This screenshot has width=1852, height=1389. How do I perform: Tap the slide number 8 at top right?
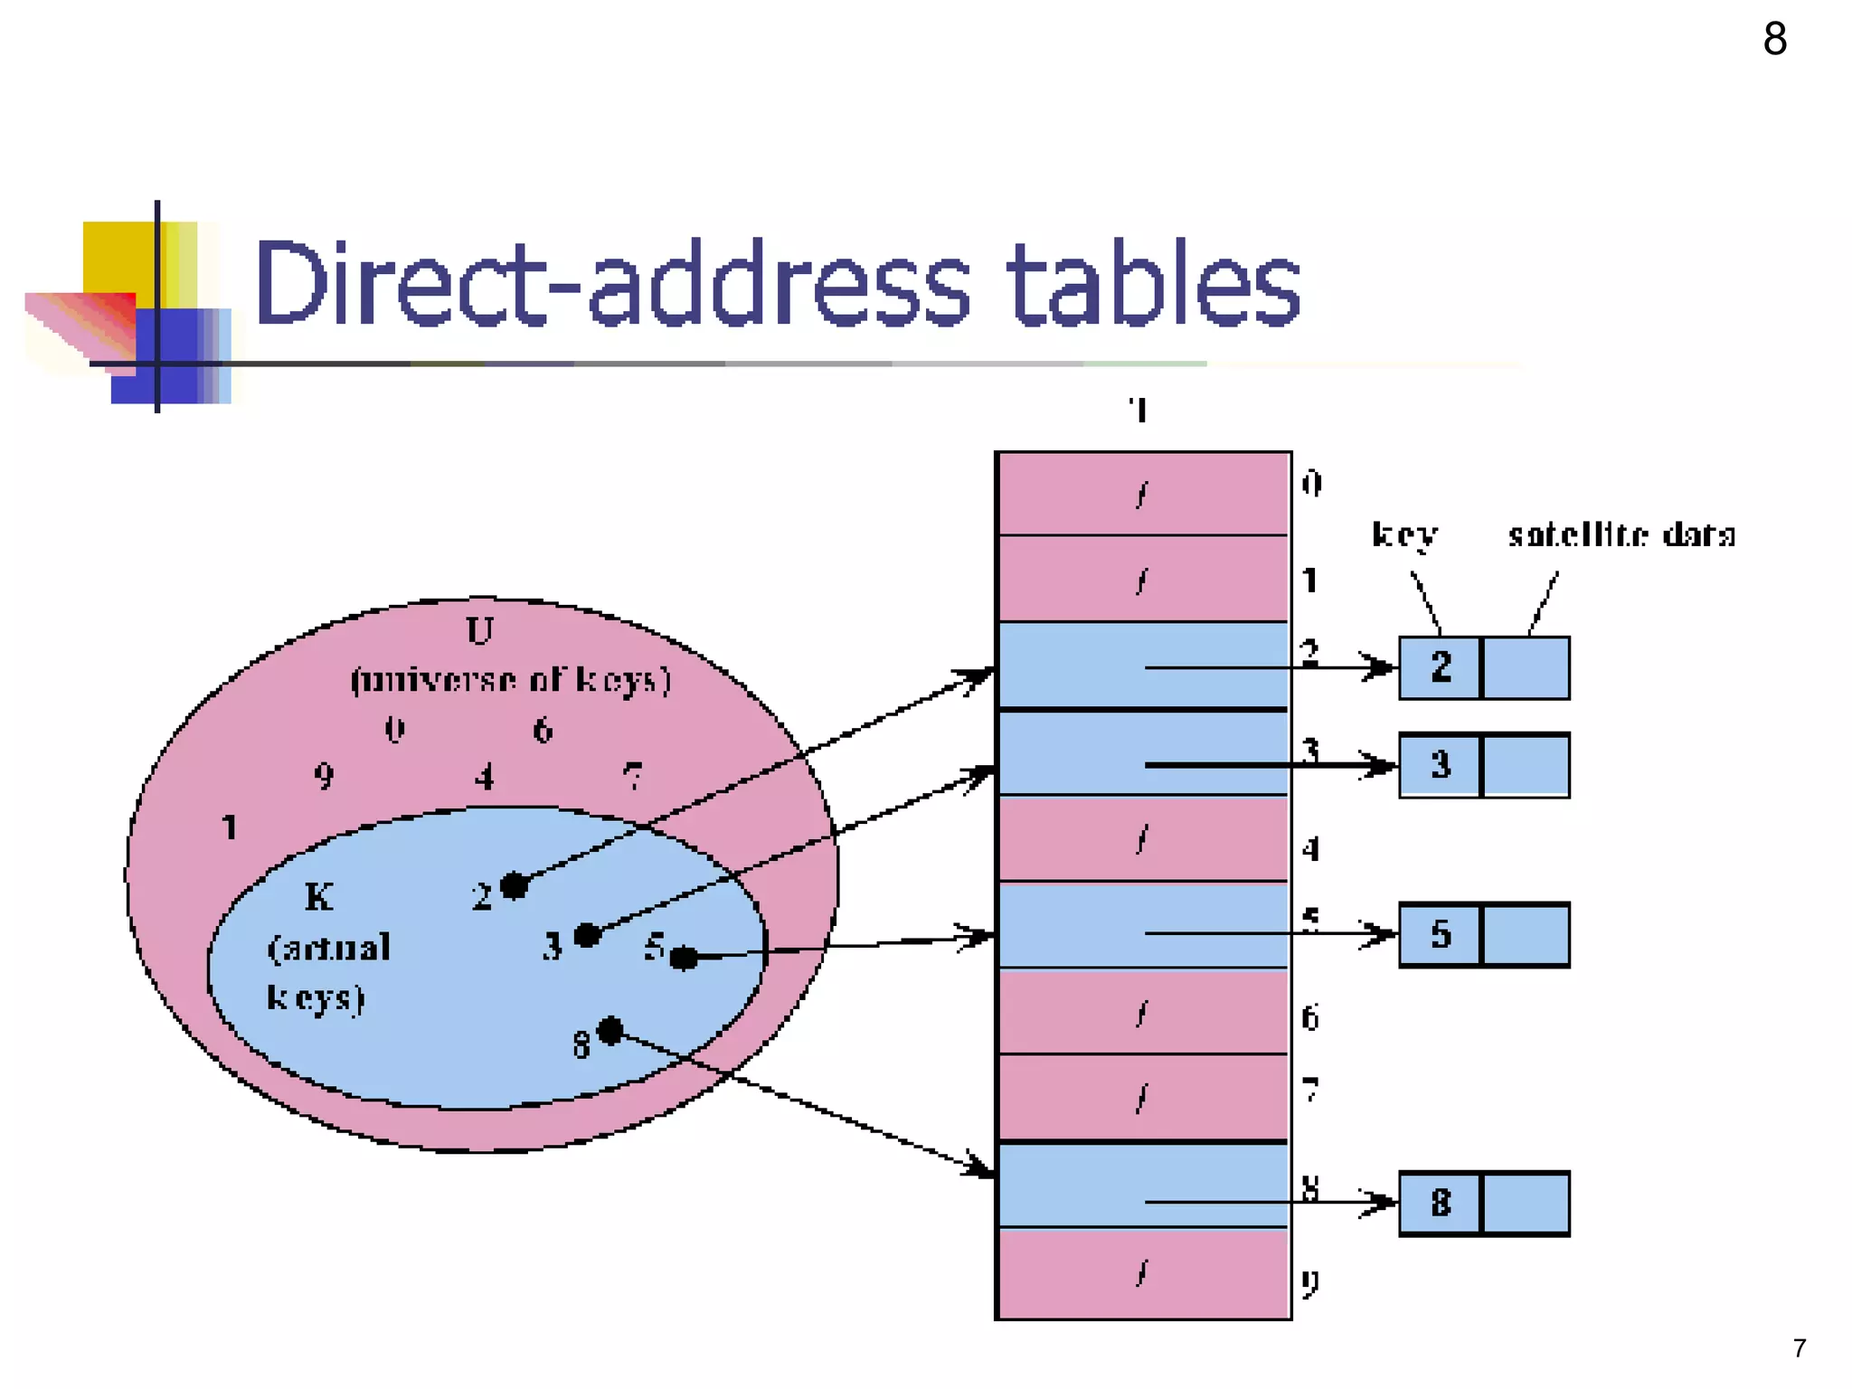coord(1774,40)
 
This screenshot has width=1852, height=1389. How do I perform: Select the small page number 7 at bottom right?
coord(1799,1348)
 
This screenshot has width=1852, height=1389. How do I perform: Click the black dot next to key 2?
coord(514,885)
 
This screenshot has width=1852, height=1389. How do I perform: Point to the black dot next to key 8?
coord(611,1030)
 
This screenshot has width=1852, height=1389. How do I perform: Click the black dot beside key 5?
coord(684,958)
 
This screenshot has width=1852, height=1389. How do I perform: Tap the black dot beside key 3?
coord(587,934)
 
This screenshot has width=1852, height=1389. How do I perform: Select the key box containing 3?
coord(1441,765)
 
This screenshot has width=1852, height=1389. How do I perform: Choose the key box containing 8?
coord(1441,1203)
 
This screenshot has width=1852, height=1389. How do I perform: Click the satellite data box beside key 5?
coord(1526,934)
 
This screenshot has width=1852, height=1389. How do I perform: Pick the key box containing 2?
coord(1441,668)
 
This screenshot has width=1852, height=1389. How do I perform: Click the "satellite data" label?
coord(1621,535)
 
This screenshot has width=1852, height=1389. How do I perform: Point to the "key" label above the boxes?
coord(1404,535)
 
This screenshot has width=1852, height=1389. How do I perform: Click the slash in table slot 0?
coord(1142,495)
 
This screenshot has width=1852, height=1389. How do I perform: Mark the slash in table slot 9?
coord(1142,1274)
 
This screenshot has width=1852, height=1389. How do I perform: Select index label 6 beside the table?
coord(1309,1018)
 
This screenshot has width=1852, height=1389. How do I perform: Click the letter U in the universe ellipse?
coord(479,630)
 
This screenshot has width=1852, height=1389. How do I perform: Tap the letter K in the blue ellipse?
coord(318,897)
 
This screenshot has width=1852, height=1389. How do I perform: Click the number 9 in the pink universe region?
coord(324,776)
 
